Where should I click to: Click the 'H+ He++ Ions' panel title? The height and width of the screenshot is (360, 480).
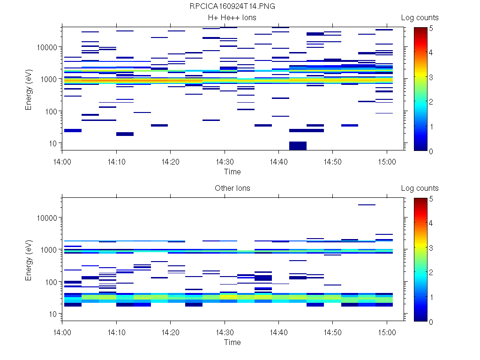click(x=232, y=18)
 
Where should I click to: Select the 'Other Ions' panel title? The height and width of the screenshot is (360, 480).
click(x=232, y=188)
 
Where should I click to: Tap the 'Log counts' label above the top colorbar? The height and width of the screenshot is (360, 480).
click(x=420, y=18)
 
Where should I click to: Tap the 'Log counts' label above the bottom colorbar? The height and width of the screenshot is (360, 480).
click(x=420, y=188)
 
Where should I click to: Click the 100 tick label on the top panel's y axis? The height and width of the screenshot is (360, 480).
click(x=50, y=112)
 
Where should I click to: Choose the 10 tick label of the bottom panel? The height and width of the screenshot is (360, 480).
click(x=52, y=314)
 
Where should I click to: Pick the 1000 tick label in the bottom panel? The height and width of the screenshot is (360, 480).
click(x=48, y=250)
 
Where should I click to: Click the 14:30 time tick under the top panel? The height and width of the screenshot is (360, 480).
click(x=225, y=161)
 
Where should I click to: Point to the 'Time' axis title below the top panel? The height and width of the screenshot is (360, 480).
click(x=232, y=172)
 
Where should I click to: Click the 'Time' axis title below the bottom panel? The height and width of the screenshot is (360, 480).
click(x=232, y=342)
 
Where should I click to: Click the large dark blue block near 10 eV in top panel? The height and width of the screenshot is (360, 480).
click(x=298, y=145)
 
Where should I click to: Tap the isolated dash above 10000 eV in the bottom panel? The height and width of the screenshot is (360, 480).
click(x=367, y=205)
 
